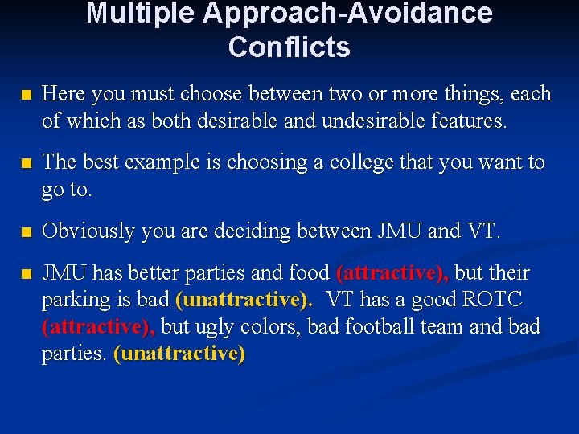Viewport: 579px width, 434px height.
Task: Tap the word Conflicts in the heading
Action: click(x=289, y=47)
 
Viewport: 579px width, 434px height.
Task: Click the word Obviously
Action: click(x=88, y=231)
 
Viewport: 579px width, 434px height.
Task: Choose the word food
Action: click(x=309, y=272)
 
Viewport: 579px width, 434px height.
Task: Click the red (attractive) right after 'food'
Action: click(x=392, y=273)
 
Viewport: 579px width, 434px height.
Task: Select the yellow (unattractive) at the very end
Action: click(x=179, y=354)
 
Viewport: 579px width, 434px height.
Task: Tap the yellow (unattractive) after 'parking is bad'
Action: click(x=244, y=301)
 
